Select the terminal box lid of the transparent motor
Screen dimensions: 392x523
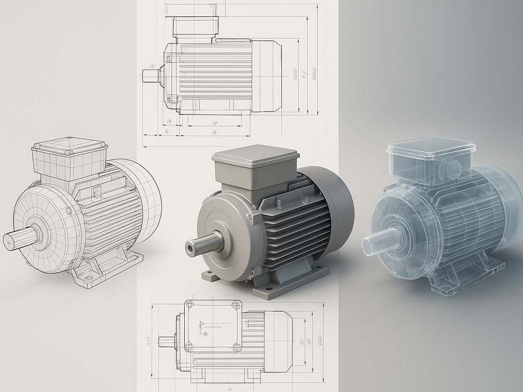point(422,146)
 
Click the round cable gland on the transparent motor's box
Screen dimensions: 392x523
point(454,169)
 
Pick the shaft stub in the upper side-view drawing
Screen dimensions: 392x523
point(151,75)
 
